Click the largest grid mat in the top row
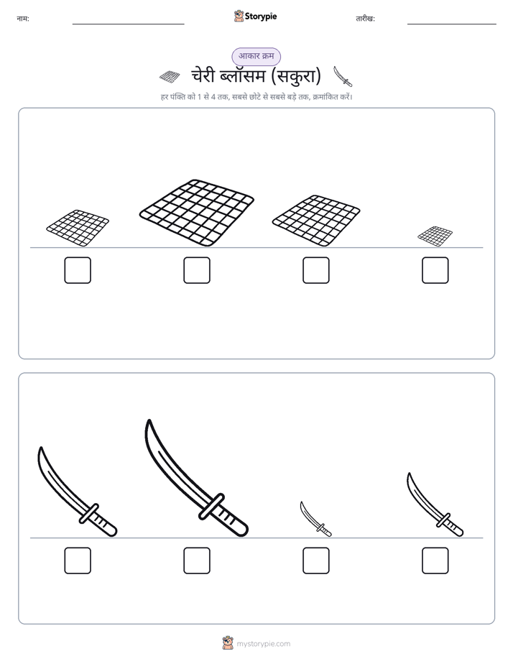click(197, 213)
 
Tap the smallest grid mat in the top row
click(435, 236)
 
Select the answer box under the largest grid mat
click(197, 270)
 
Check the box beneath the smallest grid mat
click(435, 270)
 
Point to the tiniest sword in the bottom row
click(315, 519)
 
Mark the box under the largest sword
click(197, 561)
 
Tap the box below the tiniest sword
click(315, 561)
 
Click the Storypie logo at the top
click(255, 16)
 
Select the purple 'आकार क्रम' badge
click(256, 56)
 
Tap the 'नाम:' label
click(23, 19)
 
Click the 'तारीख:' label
click(365, 19)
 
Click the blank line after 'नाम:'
click(128, 24)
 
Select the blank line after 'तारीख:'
click(452, 24)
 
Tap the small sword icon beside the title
click(343, 76)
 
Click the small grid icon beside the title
click(170, 77)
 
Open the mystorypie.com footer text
click(263, 644)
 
